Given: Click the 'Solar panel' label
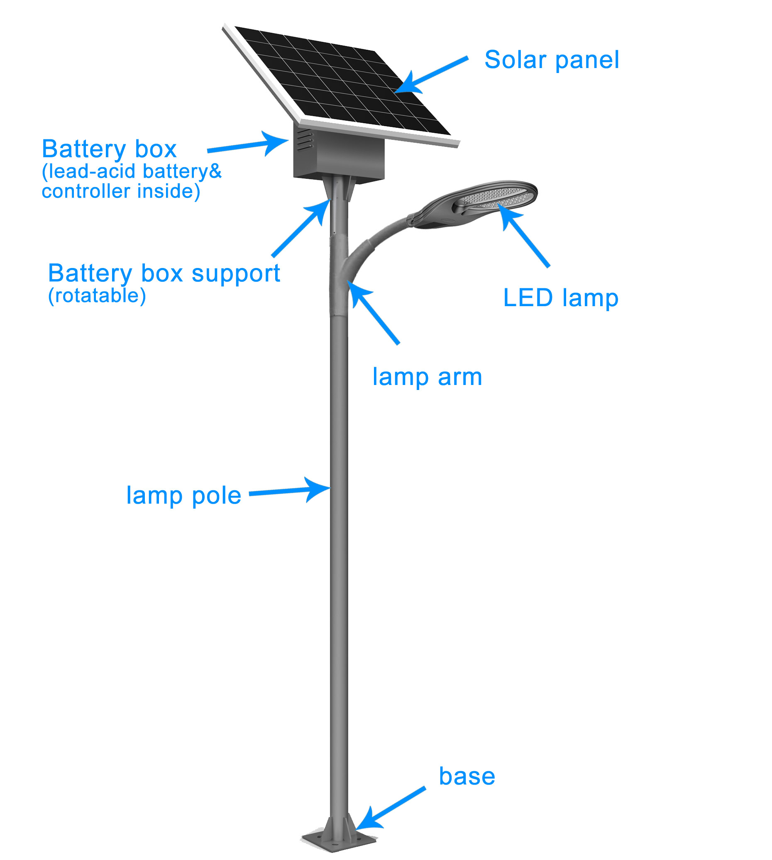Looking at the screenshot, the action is [x=552, y=60].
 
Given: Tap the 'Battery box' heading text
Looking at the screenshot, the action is [x=109, y=149].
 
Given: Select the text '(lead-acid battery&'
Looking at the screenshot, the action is [x=132, y=171].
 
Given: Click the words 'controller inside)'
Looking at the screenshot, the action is [x=121, y=191].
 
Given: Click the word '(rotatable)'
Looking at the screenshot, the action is [x=97, y=295].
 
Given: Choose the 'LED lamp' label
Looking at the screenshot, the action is [x=561, y=298].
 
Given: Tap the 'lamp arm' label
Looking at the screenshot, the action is [x=427, y=377].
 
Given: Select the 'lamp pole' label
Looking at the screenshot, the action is [x=184, y=496].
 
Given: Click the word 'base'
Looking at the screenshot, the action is [x=467, y=777].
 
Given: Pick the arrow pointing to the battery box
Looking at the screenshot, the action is [x=248, y=144].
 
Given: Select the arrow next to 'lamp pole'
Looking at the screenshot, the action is [x=290, y=491].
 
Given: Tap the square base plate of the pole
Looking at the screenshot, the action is [x=339, y=840].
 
